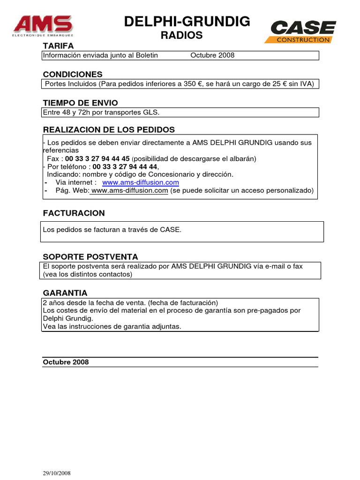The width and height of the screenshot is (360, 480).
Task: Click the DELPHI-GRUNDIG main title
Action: tap(187, 21)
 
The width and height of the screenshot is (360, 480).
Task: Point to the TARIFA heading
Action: tap(58, 46)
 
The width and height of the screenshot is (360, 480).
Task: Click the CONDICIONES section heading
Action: tap(73, 75)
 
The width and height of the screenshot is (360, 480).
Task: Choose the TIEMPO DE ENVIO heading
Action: tap(80, 103)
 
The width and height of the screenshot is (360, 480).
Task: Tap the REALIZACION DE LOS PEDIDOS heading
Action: tap(109, 130)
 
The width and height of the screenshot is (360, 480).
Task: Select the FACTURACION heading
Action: tap(74, 213)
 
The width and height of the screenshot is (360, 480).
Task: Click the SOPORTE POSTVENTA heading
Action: tap(90, 257)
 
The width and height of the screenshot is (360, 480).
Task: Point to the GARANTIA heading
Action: tap(65, 293)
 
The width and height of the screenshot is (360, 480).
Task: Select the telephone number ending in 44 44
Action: tap(126, 166)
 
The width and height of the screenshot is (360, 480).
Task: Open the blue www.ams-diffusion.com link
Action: tap(140, 182)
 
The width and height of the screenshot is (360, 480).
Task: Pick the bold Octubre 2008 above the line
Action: tap(66, 362)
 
